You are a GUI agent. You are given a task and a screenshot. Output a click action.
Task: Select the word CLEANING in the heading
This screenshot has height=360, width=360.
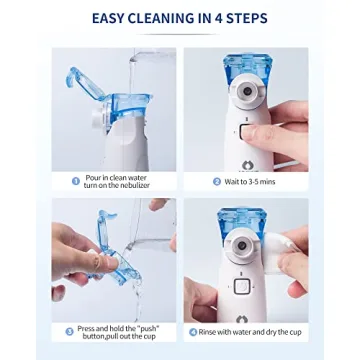click(x=169, y=18)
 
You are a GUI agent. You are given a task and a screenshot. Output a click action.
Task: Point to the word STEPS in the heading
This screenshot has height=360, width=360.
click(x=254, y=18)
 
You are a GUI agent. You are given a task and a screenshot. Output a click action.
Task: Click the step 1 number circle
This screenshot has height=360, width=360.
click(x=76, y=181)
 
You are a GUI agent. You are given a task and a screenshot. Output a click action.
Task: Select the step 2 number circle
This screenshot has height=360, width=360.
click(x=217, y=181)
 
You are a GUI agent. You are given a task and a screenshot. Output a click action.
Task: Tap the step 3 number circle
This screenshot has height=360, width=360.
click(x=69, y=331)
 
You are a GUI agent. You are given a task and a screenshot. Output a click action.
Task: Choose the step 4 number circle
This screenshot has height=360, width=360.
click(x=193, y=331)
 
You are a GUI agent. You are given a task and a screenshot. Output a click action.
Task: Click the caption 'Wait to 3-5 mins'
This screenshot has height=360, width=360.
click(x=252, y=181)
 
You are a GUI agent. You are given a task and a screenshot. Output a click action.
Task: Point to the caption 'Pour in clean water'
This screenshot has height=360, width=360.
click(x=111, y=177)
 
